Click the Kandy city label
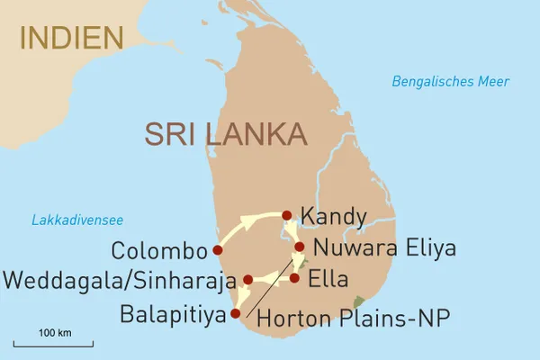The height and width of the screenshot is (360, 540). [x=334, y=217]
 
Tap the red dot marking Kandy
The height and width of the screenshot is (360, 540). [x=286, y=215]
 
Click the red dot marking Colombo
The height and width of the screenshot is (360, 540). [x=217, y=249]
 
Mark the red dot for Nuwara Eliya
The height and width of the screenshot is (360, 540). [x=300, y=247]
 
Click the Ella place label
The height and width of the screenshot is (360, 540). [x=328, y=279]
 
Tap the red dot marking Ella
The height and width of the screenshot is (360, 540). [x=294, y=278]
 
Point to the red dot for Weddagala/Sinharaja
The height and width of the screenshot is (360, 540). [x=247, y=280]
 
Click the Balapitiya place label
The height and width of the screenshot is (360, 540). [x=170, y=315]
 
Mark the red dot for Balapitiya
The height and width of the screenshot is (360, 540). [x=236, y=314]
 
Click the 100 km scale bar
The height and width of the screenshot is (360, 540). [x=55, y=342]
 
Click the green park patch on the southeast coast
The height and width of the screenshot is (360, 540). [x=360, y=301]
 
